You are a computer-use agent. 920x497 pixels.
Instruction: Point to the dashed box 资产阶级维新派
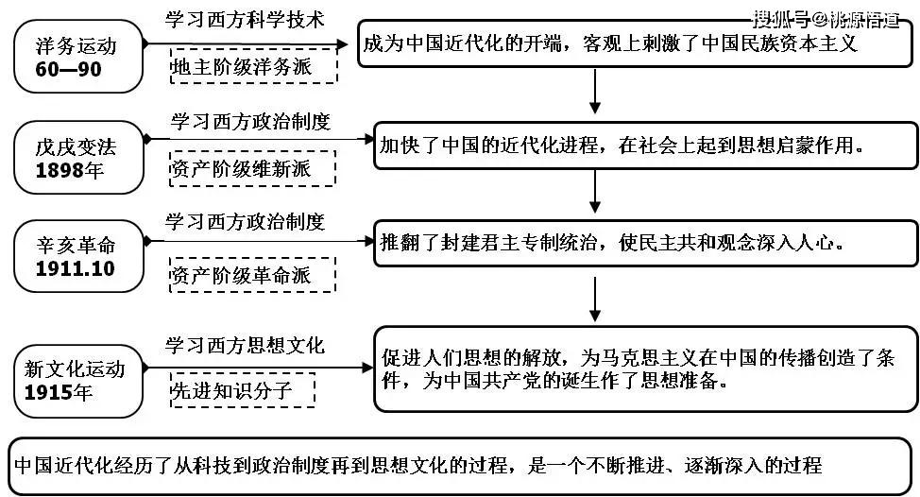(253, 169)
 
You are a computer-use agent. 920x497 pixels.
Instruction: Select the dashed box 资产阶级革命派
(253, 275)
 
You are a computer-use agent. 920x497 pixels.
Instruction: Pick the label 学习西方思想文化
(245, 346)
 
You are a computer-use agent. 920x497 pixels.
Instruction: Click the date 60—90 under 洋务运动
(68, 70)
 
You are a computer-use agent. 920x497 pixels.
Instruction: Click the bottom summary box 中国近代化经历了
(460, 465)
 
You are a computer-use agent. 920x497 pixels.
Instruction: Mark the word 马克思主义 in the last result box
(651, 358)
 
